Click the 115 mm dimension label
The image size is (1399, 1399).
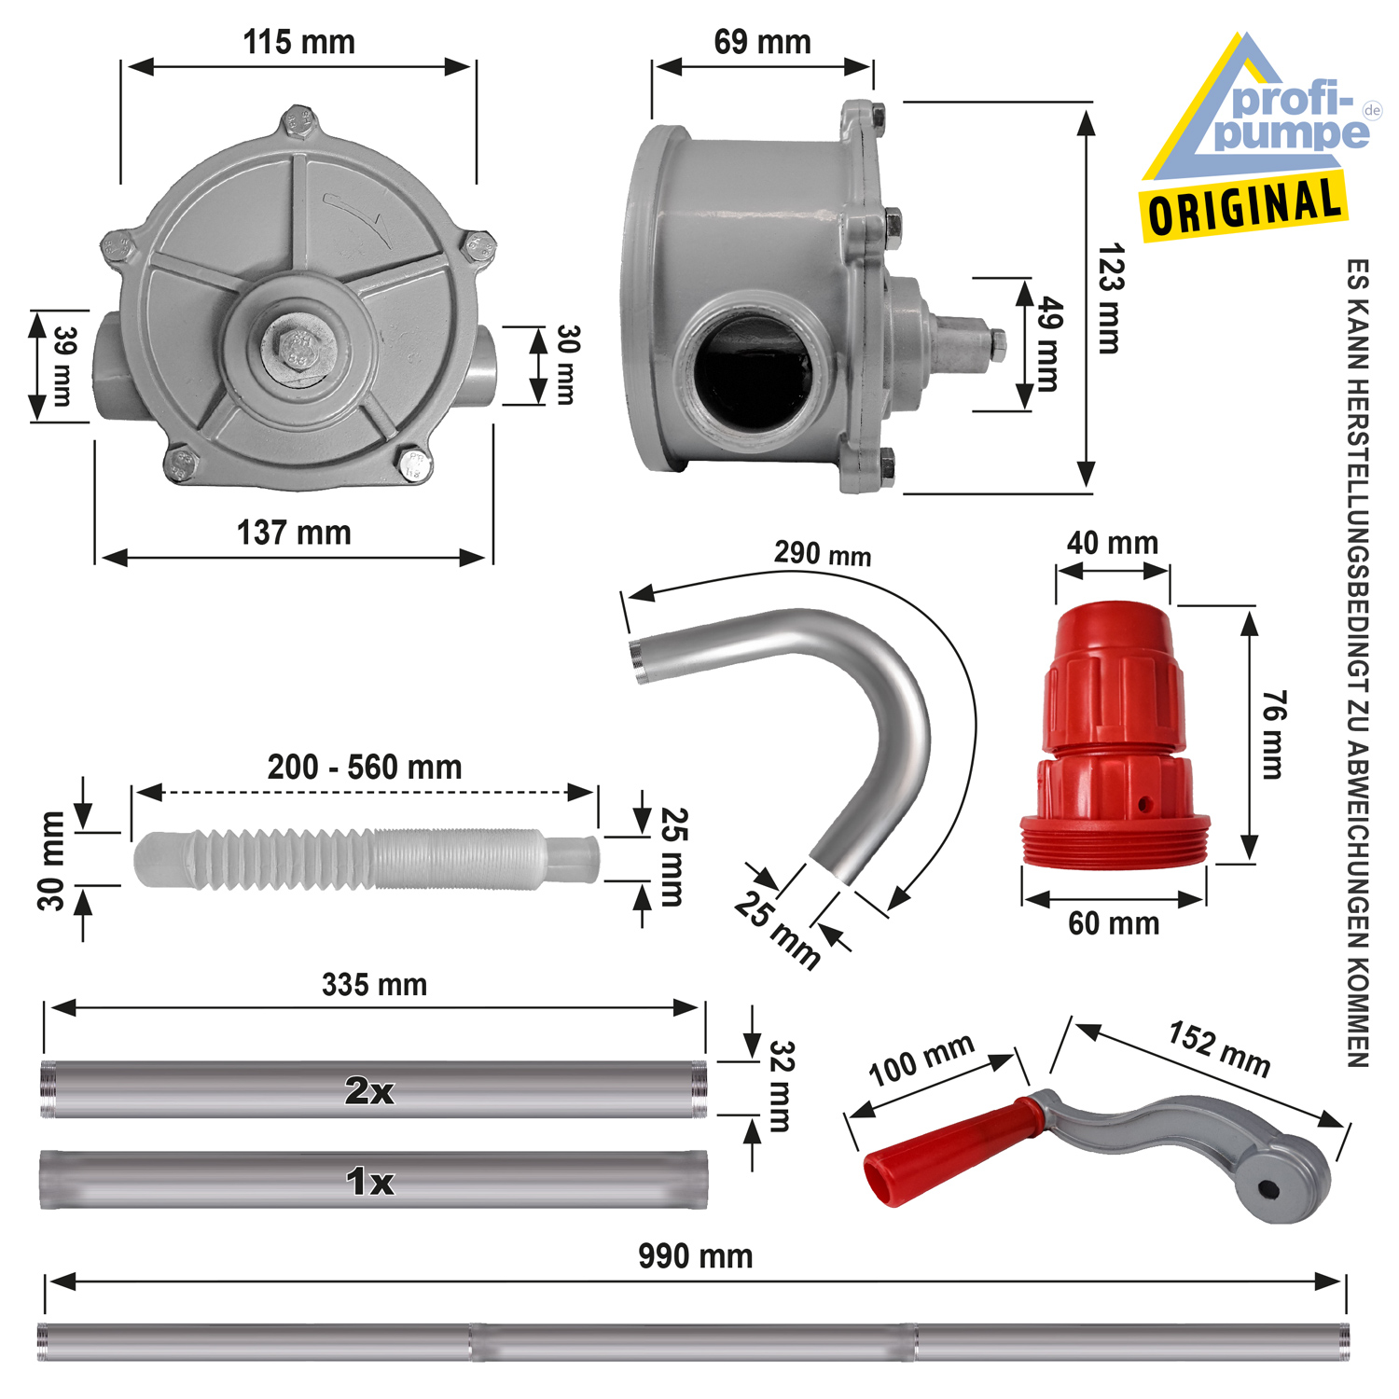(298, 42)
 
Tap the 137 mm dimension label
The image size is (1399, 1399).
(294, 533)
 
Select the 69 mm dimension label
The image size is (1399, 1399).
(762, 42)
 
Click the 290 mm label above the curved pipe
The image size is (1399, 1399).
(823, 553)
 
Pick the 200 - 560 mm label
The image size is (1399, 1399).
(365, 768)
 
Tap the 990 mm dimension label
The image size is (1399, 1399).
(695, 1256)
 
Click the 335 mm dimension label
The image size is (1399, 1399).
(374, 985)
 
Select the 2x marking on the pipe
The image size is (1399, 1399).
(369, 1090)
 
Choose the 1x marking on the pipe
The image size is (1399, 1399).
(370, 1182)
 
